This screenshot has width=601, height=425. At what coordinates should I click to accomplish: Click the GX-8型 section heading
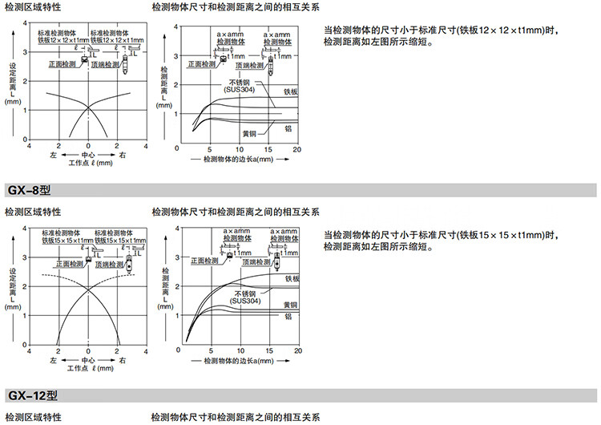coord(29,191)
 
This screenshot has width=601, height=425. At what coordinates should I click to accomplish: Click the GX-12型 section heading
coord(32,395)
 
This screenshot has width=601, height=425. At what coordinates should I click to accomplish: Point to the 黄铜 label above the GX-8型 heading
coord(250,132)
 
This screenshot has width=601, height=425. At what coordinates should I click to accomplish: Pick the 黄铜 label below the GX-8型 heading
coord(291,305)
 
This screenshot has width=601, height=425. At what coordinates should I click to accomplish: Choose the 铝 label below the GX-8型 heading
coord(288,317)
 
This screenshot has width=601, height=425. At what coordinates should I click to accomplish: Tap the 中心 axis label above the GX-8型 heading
coord(88,153)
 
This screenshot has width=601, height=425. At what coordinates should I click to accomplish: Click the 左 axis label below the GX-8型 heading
coord(54,361)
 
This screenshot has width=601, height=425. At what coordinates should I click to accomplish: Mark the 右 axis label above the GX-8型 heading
coord(122,153)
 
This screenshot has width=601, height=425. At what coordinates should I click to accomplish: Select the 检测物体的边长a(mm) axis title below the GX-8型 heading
coord(239,362)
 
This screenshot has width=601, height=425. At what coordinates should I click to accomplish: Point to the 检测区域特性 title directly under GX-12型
coord(33,417)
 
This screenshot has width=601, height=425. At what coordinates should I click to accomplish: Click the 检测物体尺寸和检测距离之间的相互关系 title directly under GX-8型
coord(236,212)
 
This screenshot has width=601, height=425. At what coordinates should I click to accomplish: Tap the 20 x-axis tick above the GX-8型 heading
coord(296,150)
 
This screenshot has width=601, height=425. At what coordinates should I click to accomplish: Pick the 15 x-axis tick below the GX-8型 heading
coord(268,351)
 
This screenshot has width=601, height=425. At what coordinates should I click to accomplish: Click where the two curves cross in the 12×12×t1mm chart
coord(88,107)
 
